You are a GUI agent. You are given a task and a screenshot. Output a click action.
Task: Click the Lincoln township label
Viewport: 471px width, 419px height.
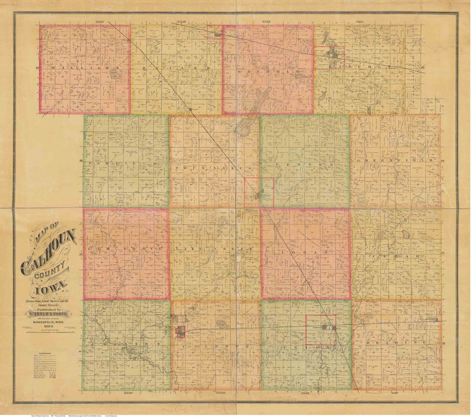(362, 66)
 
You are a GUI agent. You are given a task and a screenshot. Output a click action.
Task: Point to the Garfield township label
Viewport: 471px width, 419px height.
(126, 162)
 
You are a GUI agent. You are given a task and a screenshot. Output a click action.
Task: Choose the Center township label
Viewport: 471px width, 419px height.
(304, 164)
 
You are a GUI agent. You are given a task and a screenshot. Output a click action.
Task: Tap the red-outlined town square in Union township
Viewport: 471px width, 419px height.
(321, 329)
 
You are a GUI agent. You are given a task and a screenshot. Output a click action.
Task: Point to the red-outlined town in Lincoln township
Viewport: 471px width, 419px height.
(331, 57)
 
